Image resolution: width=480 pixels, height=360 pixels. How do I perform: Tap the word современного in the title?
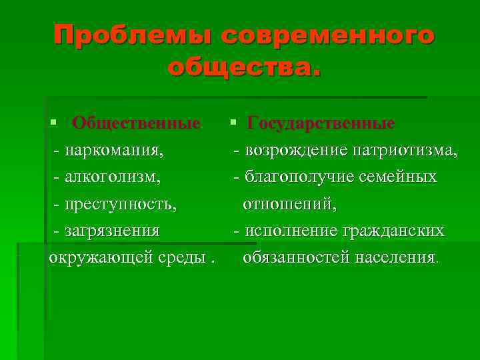[x=327, y=35]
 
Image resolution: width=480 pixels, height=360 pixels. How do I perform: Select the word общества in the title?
[x=241, y=66]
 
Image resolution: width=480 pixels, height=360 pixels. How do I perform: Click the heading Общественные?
[x=136, y=123]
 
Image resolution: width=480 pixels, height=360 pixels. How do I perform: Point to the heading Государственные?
[x=321, y=123]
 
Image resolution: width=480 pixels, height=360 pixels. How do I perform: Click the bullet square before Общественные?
[x=53, y=124]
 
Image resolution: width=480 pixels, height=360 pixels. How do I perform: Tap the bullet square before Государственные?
[x=231, y=124]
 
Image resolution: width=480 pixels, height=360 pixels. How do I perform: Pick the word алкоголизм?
[x=113, y=177]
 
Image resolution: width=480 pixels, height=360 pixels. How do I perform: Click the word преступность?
[x=121, y=204]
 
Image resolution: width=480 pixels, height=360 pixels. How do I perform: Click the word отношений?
[x=289, y=204]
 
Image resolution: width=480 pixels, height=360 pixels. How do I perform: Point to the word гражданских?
[x=393, y=231]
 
